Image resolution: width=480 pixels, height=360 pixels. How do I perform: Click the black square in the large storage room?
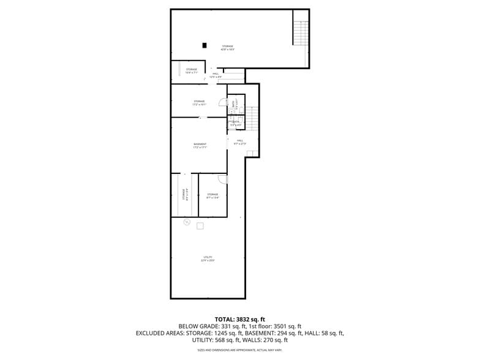(x=204, y=45)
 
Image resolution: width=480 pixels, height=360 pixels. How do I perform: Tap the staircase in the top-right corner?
(x=301, y=32)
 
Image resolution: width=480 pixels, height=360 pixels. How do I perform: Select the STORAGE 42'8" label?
(x=228, y=48)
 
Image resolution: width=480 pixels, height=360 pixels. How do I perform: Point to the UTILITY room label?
(x=208, y=258)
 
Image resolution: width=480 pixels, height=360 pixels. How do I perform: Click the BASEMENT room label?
(x=200, y=146)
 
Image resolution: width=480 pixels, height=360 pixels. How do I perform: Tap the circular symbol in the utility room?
(x=187, y=222)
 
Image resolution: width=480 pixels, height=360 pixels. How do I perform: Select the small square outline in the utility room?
(x=200, y=226)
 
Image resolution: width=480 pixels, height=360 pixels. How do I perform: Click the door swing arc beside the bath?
(x=231, y=103)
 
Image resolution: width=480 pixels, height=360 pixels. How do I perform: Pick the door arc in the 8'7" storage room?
(x=223, y=179)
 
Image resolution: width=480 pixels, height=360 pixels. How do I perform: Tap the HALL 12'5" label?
(x=216, y=75)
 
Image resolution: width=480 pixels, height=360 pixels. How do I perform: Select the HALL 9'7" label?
(x=240, y=142)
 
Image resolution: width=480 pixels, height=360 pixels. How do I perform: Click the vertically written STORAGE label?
(x=184, y=194)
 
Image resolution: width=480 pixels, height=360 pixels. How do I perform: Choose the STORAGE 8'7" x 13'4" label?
(x=212, y=196)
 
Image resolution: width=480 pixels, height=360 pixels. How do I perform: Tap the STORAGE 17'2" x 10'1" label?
(x=200, y=103)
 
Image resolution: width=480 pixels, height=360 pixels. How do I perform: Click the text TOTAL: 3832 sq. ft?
(x=240, y=319)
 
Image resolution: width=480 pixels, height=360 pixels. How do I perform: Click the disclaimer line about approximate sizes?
(x=240, y=350)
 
